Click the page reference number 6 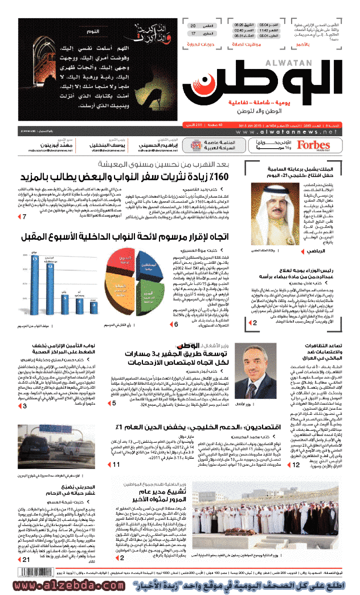point(176,324)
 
